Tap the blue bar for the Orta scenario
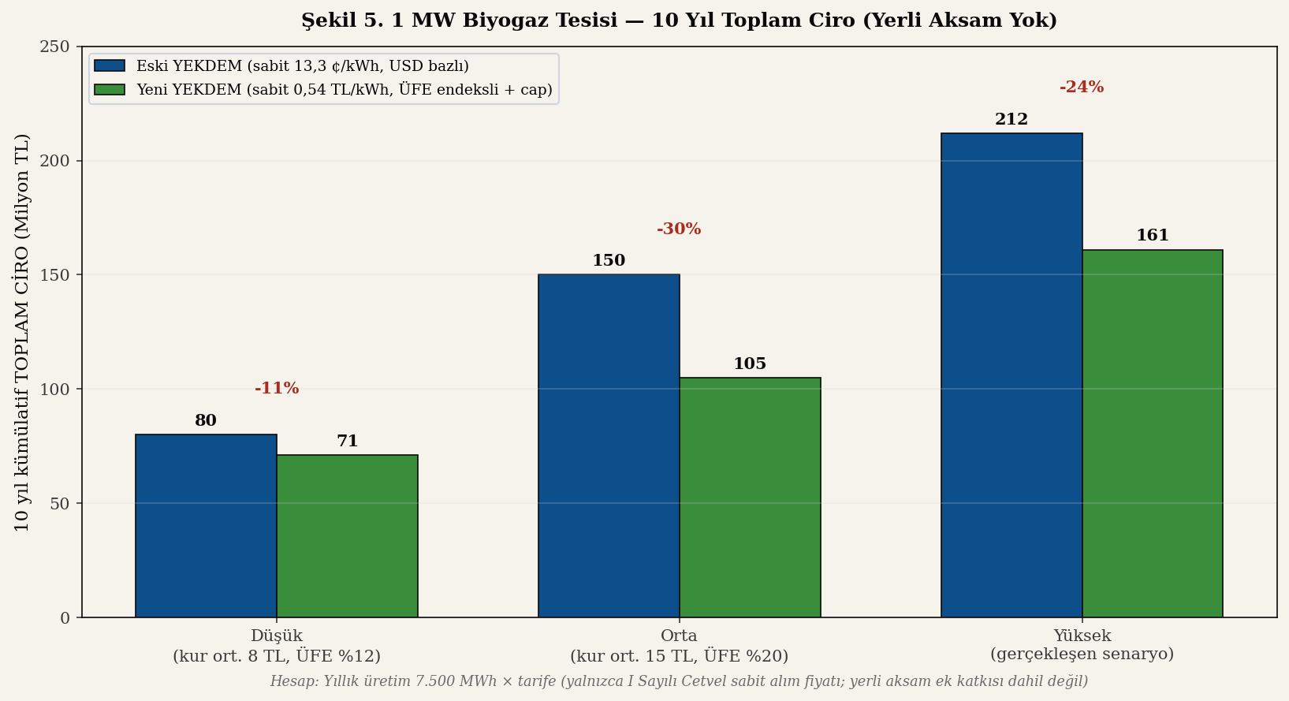coord(609,446)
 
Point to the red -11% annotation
coord(277,389)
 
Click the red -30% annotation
coord(679,229)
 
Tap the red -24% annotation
coord(1082,88)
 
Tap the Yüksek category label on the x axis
coord(1082,645)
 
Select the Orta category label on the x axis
coord(679,646)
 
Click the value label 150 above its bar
coord(609,261)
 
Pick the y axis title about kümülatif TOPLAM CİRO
coord(22,332)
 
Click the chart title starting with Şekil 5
coord(679,21)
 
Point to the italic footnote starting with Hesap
coord(679,681)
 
